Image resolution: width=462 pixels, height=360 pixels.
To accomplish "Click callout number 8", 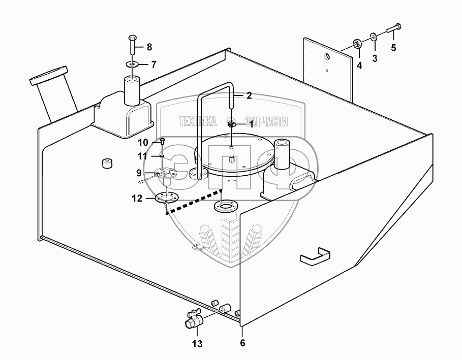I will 149,47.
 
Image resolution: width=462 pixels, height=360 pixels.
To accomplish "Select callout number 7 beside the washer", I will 154,64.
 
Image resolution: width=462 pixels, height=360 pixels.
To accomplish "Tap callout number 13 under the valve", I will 197,344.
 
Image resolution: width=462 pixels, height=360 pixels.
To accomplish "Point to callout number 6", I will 242,343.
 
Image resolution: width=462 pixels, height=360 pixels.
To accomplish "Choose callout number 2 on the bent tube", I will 249,95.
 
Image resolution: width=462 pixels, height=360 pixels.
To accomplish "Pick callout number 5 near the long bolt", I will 393,49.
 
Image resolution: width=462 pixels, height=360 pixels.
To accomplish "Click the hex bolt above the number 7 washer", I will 132,46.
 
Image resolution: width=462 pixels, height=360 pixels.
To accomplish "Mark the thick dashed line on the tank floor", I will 194,201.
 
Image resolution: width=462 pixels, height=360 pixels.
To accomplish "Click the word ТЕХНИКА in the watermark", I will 198,122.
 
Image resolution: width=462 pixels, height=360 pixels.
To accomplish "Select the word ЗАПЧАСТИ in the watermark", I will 266,122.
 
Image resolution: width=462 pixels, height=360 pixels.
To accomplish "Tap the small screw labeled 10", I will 162,141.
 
